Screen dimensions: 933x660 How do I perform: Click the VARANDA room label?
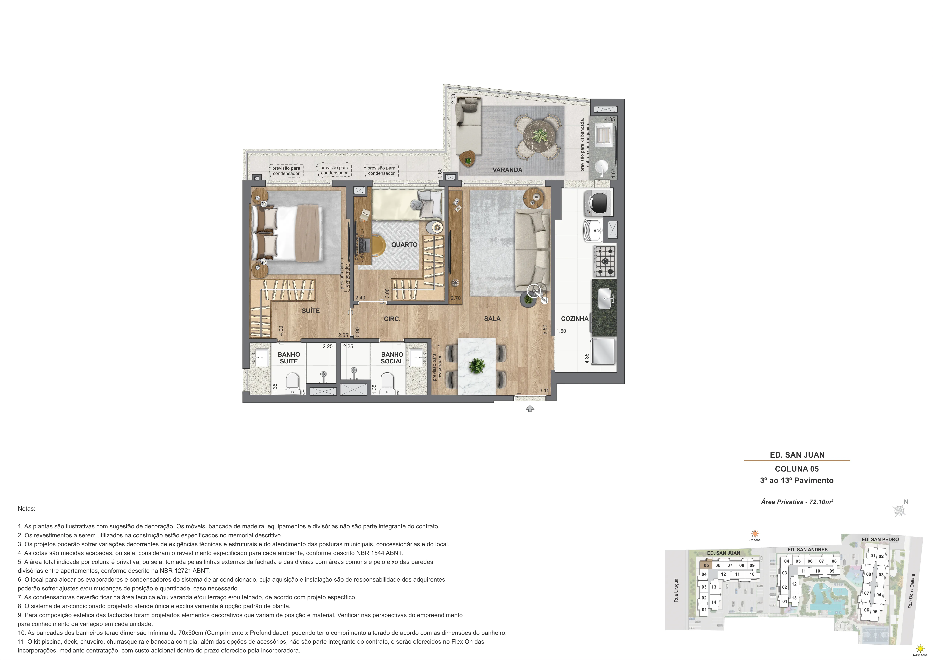click(x=507, y=170)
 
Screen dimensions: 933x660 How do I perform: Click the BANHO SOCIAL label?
click(x=392, y=358)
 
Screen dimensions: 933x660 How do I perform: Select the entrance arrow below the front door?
click(x=529, y=409)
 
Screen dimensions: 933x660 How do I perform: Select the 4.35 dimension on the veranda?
click(x=610, y=119)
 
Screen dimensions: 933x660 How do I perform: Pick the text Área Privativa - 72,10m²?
click(x=797, y=502)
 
